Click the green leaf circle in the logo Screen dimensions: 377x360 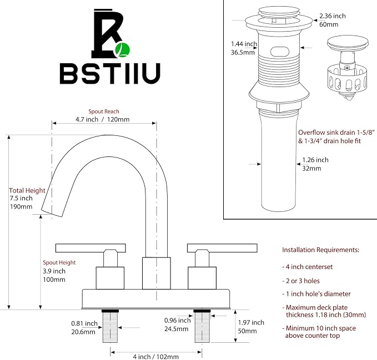(x=123, y=50)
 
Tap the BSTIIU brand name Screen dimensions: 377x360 (x=110, y=73)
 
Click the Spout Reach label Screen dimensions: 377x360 (x=104, y=111)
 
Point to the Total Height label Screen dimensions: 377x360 (x=27, y=190)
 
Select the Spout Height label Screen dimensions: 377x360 (x=59, y=262)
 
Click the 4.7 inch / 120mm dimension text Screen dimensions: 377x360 (x=102, y=119)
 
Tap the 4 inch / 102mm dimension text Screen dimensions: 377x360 (x=156, y=357)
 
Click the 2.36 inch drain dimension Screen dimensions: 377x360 (x=333, y=16)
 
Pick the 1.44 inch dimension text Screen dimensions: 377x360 (x=244, y=44)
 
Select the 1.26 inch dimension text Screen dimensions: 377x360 (x=315, y=160)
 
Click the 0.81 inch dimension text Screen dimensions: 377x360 (x=84, y=323)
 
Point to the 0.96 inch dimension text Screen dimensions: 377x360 (x=178, y=321)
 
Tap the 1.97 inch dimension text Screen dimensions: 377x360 (x=251, y=322)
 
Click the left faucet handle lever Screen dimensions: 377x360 (x=91, y=248)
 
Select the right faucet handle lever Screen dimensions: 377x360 (x=222, y=248)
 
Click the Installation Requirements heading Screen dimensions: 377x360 (x=321, y=250)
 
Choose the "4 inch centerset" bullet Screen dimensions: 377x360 (x=308, y=267)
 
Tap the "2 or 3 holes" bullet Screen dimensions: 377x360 (x=301, y=281)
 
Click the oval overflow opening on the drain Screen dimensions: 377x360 (x=279, y=52)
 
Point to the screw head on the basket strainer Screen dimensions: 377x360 (x=347, y=68)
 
